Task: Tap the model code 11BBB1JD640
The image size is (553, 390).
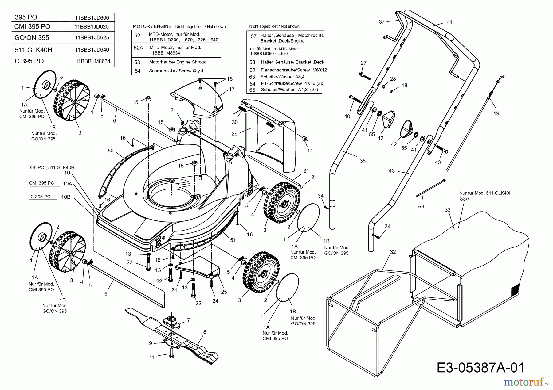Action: coord(92,50)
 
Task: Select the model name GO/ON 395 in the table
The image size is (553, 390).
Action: coord(32,38)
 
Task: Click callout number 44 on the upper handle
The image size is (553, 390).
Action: coord(449,22)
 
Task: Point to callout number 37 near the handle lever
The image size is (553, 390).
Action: coord(382,22)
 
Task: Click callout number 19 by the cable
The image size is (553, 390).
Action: coord(496,113)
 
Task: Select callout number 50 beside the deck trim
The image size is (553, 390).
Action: coord(111,151)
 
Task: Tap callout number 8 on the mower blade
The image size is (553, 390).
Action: coord(205,332)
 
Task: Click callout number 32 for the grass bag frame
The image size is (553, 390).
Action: coord(393,252)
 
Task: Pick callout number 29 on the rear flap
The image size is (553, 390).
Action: coord(235,133)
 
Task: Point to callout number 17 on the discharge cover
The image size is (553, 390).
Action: coord(232,89)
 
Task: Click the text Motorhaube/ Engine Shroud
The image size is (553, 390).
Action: coord(178,62)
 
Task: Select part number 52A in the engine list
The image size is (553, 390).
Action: coord(138,48)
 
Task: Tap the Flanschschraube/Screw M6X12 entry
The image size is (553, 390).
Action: coord(293,70)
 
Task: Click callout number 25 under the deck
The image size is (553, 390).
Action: coord(224,292)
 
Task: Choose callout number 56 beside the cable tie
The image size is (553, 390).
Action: coord(421,207)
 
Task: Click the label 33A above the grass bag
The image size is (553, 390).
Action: coord(465,199)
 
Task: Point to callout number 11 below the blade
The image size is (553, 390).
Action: coord(152,357)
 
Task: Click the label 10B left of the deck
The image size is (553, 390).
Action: coord(66,197)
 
